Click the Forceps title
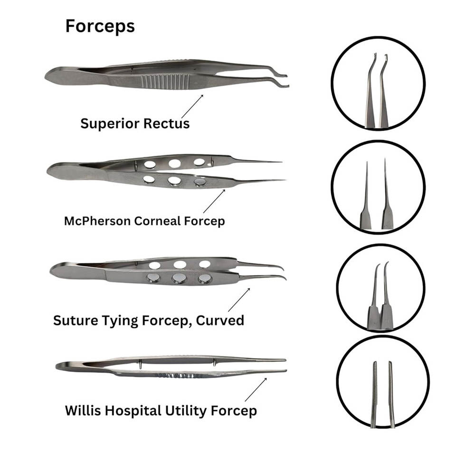[100, 27]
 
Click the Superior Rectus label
[135, 123]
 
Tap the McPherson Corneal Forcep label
[144, 221]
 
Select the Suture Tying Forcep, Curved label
[148, 320]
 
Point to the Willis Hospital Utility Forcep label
[161, 410]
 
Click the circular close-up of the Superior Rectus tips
[378, 83]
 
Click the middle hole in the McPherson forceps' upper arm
[175, 164]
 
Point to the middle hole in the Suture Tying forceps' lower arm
[179, 279]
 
